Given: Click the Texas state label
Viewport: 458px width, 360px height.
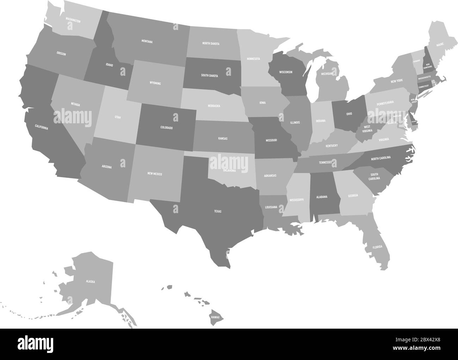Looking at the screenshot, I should tap(217, 211).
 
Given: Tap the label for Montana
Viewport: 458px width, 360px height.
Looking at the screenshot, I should tap(147, 42).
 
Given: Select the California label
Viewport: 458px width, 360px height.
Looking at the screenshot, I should tap(41, 127).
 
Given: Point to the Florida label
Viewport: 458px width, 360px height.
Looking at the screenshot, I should tap(377, 247).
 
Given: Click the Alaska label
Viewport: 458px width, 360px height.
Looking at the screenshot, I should tap(91, 281).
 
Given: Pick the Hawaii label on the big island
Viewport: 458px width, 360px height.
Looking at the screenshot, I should tap(215, 317).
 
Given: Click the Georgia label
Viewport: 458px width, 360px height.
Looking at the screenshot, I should tap(353, 195).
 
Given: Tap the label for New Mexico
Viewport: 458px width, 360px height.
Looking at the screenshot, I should tap(155, 174).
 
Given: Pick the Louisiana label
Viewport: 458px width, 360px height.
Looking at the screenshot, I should tap(271, 207).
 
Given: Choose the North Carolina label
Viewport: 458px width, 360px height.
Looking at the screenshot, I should tap(380, 158).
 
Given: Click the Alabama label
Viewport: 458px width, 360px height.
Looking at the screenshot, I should tap(322, 197).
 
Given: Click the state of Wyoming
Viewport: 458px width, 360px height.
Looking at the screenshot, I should tap(155, 83).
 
